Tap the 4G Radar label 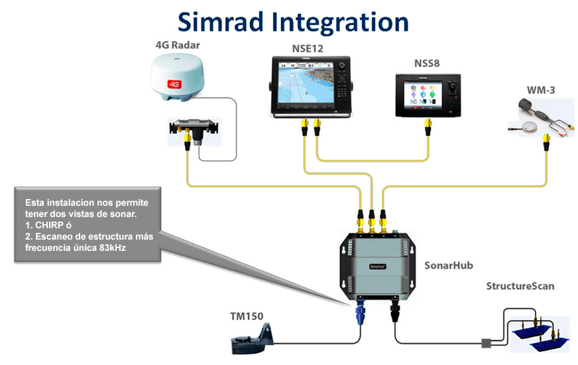tap(177, 45)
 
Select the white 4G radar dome tap(177, 78)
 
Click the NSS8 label tap(427, 64)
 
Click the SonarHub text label tap(447, 264)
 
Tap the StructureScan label tap(520, 286)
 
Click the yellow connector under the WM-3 tap(546, 141)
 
